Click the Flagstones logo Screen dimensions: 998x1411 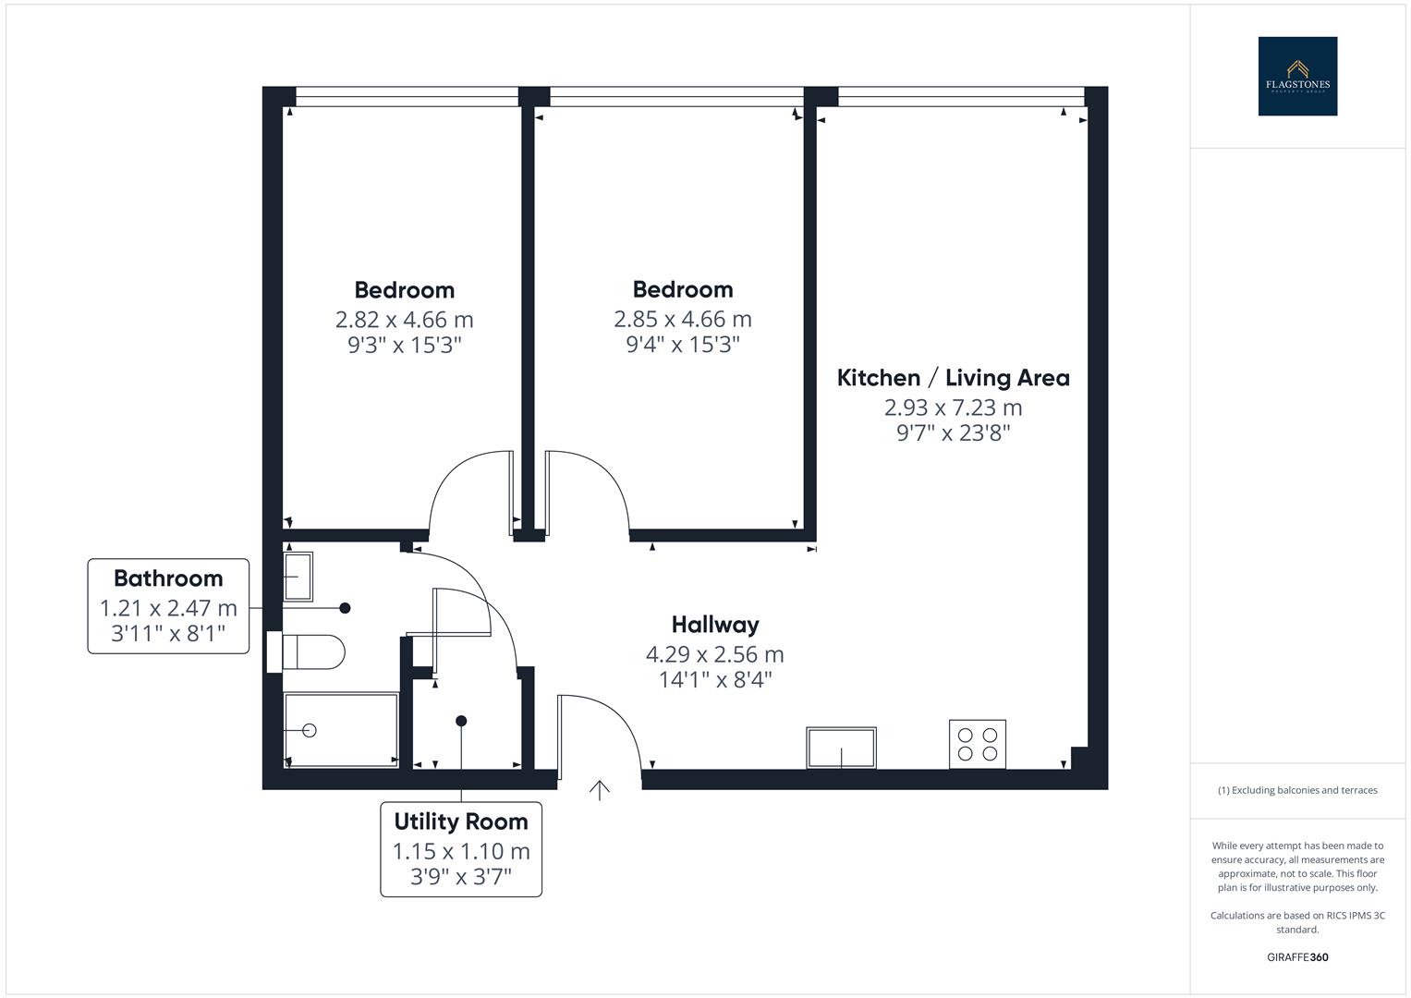(1297, 76)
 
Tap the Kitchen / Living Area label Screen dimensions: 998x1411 (953, 378)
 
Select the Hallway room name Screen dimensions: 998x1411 (715, 625)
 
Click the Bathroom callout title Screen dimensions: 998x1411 (168, 578)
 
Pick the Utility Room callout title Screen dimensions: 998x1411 (461, 822)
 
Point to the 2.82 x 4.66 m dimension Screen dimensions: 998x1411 (404, 320)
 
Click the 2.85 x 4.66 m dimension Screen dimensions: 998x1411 (683, 320)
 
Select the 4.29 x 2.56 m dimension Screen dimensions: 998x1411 (715, 655)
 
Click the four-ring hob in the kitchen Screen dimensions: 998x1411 (978, 744)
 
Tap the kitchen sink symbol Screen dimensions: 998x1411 (841, 747)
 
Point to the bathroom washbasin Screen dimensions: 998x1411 (298, 576)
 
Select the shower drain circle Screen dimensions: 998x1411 (310, 730)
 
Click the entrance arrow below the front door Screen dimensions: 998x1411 (601, 790)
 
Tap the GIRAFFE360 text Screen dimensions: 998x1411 (1297, 957)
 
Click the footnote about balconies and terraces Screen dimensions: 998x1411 (1297, 790)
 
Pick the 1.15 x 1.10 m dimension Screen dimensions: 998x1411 (461, 851)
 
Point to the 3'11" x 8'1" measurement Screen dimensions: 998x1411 (168, 634)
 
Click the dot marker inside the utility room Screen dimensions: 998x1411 (461, 721)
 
